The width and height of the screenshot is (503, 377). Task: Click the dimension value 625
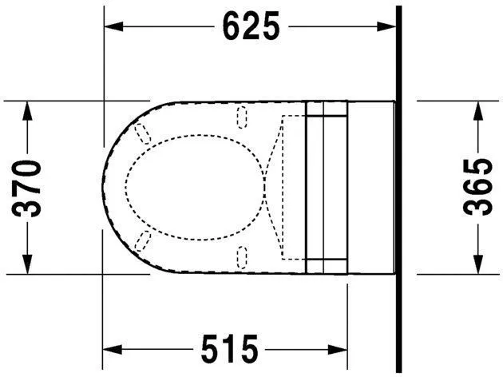(251, 26)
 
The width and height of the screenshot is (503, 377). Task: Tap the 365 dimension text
(477, 188)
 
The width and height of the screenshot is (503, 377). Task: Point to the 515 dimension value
(228, 350)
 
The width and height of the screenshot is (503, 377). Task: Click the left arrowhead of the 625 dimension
(113, 26)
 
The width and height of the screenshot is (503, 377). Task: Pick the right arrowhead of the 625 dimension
(390, 26)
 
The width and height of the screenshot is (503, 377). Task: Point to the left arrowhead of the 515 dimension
(113, 350)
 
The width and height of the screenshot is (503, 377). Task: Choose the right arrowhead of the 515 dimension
(341, 350)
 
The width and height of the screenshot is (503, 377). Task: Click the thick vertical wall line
(398, 188)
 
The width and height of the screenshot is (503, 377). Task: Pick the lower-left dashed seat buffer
(145, 242)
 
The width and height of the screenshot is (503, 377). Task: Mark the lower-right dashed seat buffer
(243, 256)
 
